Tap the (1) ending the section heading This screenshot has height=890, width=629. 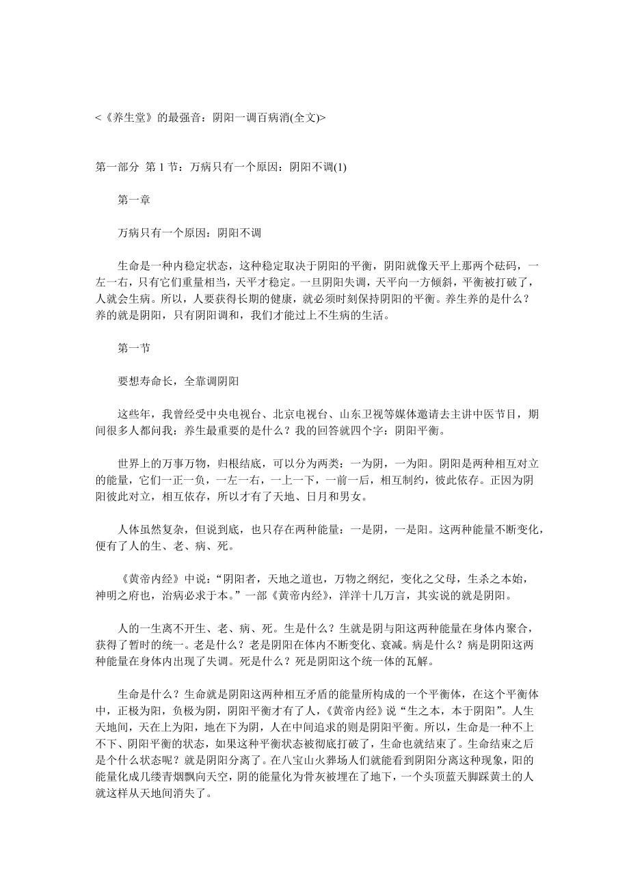(x=339, y=167)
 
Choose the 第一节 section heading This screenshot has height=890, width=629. (x=134, y=348)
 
